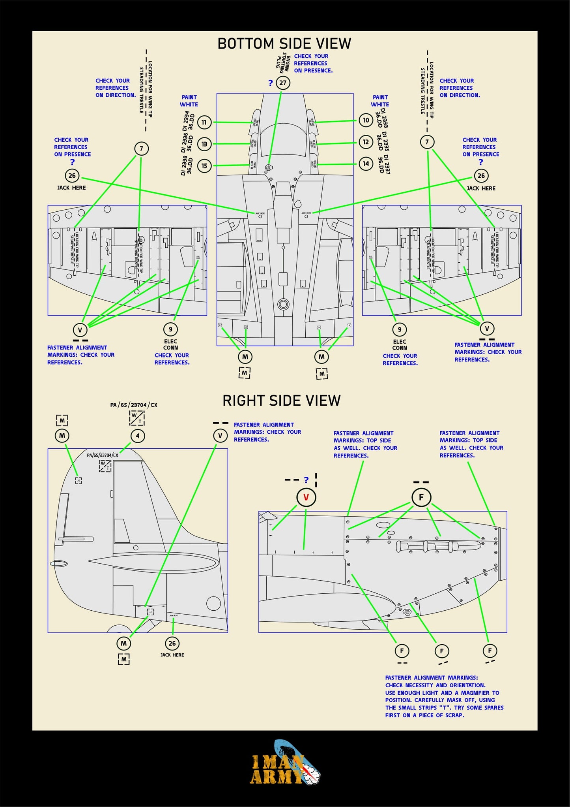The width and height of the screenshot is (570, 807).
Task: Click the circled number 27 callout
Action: (x=283, y=83)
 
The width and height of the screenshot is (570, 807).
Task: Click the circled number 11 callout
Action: (x=204, y=122)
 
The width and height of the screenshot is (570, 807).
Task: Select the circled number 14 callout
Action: (x=366, y=164)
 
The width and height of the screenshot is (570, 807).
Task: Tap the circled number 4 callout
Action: (x=138, y=436)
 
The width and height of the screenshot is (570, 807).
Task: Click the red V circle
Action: (x=306, y=497)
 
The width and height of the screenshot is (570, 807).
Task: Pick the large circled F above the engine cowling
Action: (x=421, y=497)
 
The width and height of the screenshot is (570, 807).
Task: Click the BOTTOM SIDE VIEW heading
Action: (x=284, y=43)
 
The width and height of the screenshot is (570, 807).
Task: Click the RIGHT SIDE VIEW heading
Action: (x=281, y=401)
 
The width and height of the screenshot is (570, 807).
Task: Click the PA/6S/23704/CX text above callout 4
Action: (x=134, y=405)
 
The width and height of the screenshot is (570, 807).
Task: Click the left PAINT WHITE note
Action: (x=189, y=101)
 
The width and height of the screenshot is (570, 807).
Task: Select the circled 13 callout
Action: (x=204, y=144)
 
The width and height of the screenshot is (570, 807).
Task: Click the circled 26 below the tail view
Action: (x=172, y=643)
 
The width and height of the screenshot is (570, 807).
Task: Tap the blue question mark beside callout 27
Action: (x=270, y=83)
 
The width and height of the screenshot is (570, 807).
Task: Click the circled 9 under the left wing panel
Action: (x=170, y=329)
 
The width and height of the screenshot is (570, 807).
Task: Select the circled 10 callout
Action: (x=366, y=120)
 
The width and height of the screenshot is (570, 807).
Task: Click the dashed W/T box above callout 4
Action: (x=137, y=418)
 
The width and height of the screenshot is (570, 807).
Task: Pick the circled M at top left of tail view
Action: (x=62, y=436)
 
